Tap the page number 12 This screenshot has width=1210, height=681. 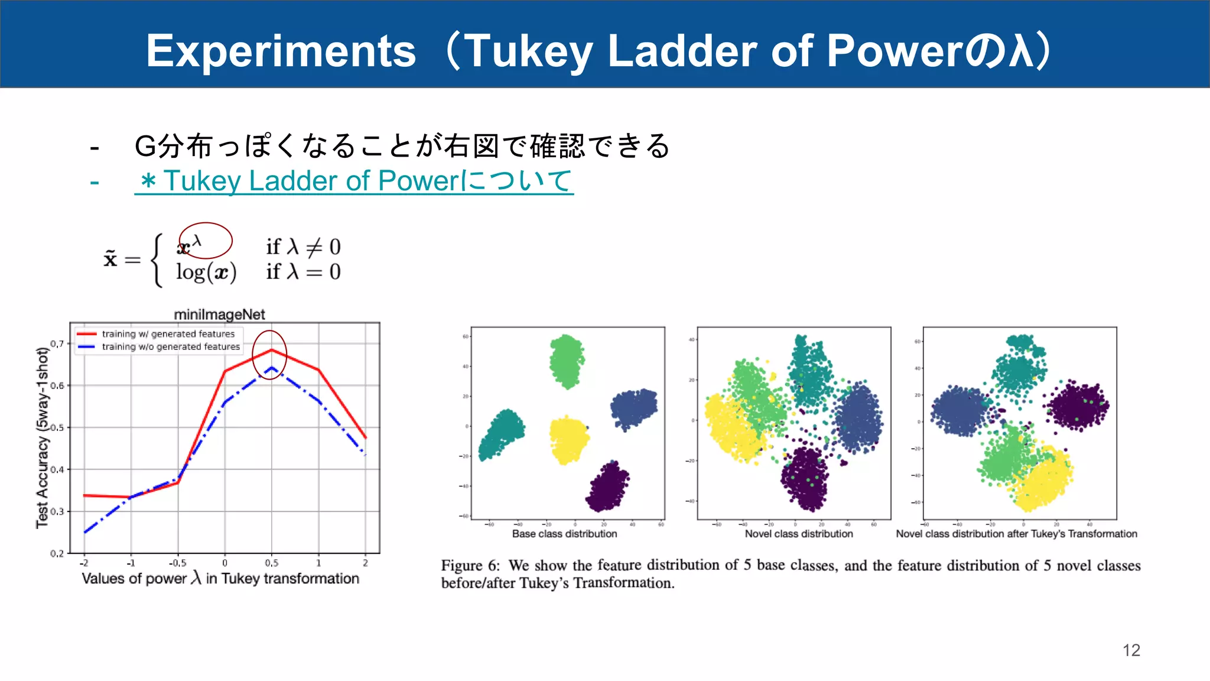[1131, 650]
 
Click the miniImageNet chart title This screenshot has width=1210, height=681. [219, 314]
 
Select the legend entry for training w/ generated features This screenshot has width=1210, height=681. [168, 334]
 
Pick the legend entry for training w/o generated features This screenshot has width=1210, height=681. [171, 347]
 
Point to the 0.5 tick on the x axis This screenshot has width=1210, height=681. [271, 563]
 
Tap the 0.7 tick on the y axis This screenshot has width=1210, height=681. [57, 343]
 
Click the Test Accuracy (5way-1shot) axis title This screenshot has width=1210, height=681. [42, 437]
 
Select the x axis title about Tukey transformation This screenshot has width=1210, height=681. [220, 578]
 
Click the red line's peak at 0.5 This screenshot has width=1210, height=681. [271, 350]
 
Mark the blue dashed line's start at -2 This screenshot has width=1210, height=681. [86, 532]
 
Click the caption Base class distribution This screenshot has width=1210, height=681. [564, 534]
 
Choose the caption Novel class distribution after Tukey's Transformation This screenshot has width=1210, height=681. [1016, 534]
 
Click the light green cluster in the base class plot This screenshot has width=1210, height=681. [566, 361]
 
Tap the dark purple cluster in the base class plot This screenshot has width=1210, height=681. [607, 487]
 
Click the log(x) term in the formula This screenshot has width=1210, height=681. [206, 273]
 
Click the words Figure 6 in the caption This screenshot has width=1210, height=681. [470, 566]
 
